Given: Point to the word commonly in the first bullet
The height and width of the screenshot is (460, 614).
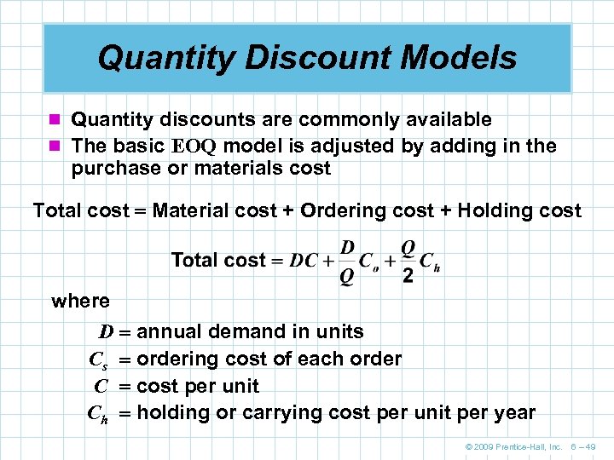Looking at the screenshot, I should [x=338, y=119].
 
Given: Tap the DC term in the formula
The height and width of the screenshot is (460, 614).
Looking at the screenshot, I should [x=304, y=261].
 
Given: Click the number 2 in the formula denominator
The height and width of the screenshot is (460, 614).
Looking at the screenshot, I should [x=408, y=277].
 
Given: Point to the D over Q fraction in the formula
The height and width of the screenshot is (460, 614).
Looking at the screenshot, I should [x=347, y=261].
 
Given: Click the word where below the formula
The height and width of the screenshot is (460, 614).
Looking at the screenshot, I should [x=81, y=301].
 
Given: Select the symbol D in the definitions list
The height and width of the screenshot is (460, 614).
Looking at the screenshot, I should [x=105, y=331].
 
